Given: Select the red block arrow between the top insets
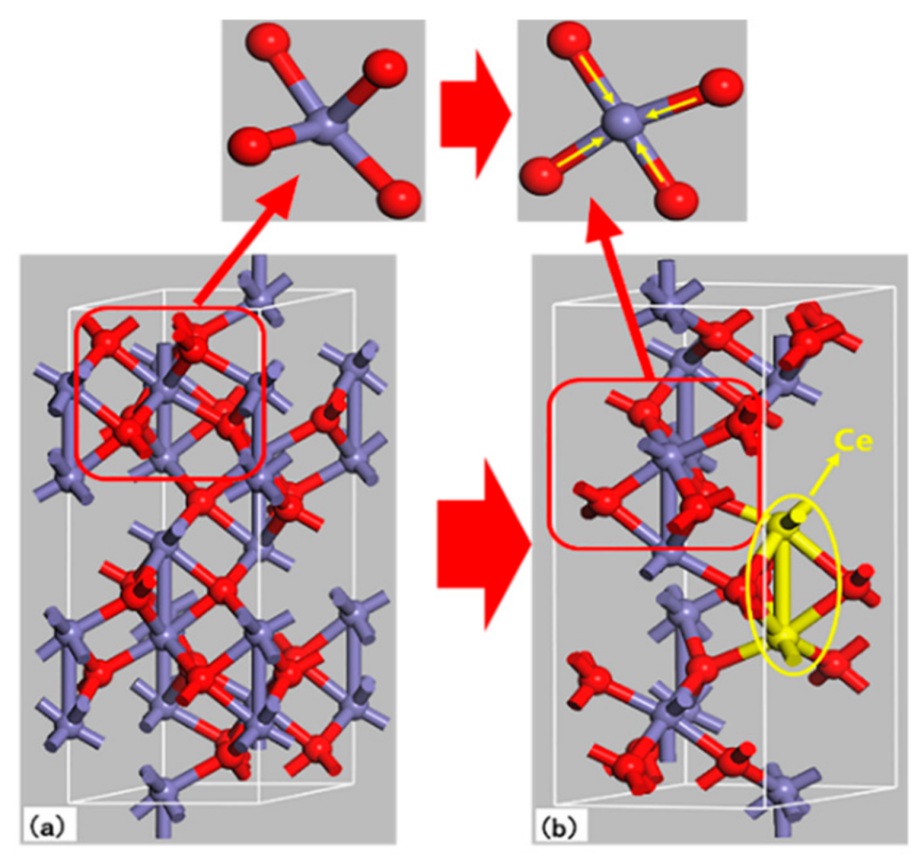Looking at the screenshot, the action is [471, 113].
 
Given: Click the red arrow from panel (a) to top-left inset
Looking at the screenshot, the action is [247, 243].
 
